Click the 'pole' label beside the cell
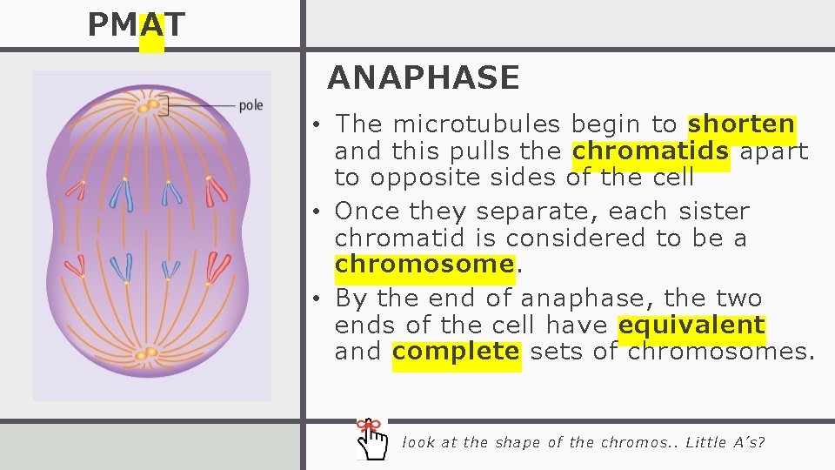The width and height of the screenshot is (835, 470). (250, 105)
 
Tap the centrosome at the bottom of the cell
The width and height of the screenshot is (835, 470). (147, 353)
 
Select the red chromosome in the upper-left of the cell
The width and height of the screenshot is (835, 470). (77, 189)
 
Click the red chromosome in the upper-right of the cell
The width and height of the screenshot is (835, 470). (214, 191)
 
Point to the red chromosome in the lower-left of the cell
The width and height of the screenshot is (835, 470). (79, 265)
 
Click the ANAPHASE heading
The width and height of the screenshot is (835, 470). (423, 78)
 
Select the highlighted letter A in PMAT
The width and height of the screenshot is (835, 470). (151, 25)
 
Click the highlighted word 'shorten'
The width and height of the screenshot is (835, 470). (741, 124)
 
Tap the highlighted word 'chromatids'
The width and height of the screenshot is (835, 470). (651, 151)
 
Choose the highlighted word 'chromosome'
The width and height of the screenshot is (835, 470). (424, 264)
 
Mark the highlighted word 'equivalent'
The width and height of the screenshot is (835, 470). (691, 326)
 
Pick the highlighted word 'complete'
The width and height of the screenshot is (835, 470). (456, 352)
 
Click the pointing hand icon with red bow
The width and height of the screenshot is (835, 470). (373, 440)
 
